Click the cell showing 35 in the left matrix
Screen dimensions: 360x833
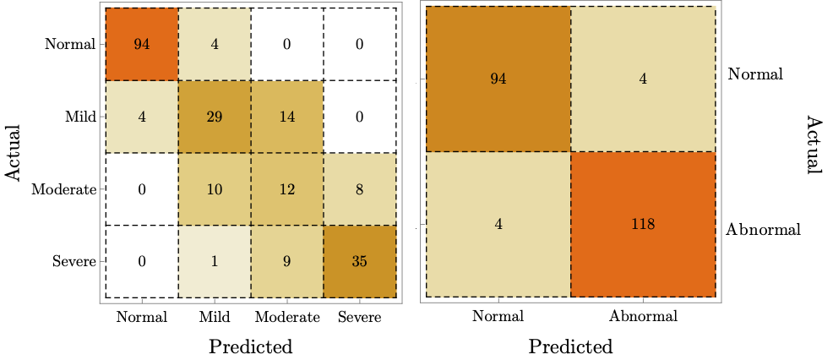pyautogui.click(x=359, y=262)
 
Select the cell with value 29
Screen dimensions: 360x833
pyautogui.click(x=214, y=117)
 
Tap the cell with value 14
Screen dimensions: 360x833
pyautogui.click(x=286, y=117)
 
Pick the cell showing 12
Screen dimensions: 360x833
pyautogui.click(x=286, y=189)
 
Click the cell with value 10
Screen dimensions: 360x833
pyautogui.click(x=214, y=189)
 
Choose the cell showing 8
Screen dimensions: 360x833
pyautogui.click(x=359, y=189)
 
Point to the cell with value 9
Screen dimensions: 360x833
pyautogui.click(x=286, y=262)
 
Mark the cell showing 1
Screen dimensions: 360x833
pyautogui.click(x=214, y=262)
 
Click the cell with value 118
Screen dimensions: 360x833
pyautogui.click(x=643, y=225)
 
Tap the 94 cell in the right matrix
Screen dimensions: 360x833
pyautogui.click(x=498, y=79)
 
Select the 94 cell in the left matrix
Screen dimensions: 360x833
pyautogui.click(x=141, y=44)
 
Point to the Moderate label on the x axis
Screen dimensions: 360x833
pyautogui.click(x=286, y=318)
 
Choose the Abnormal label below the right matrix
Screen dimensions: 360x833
pyautogui.click(x=643, y=318)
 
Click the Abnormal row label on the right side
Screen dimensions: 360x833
pyautogui.click(x=764, y=228)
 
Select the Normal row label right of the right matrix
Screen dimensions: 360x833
pyautogui.click(x=755, y=74)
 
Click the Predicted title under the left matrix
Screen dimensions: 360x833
pyautogui.click(x=250, y=346)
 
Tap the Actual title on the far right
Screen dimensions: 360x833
pyautogui.click(x=813, y=145)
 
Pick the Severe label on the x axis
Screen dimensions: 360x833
pyautogui.click(x=359, y=318)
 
